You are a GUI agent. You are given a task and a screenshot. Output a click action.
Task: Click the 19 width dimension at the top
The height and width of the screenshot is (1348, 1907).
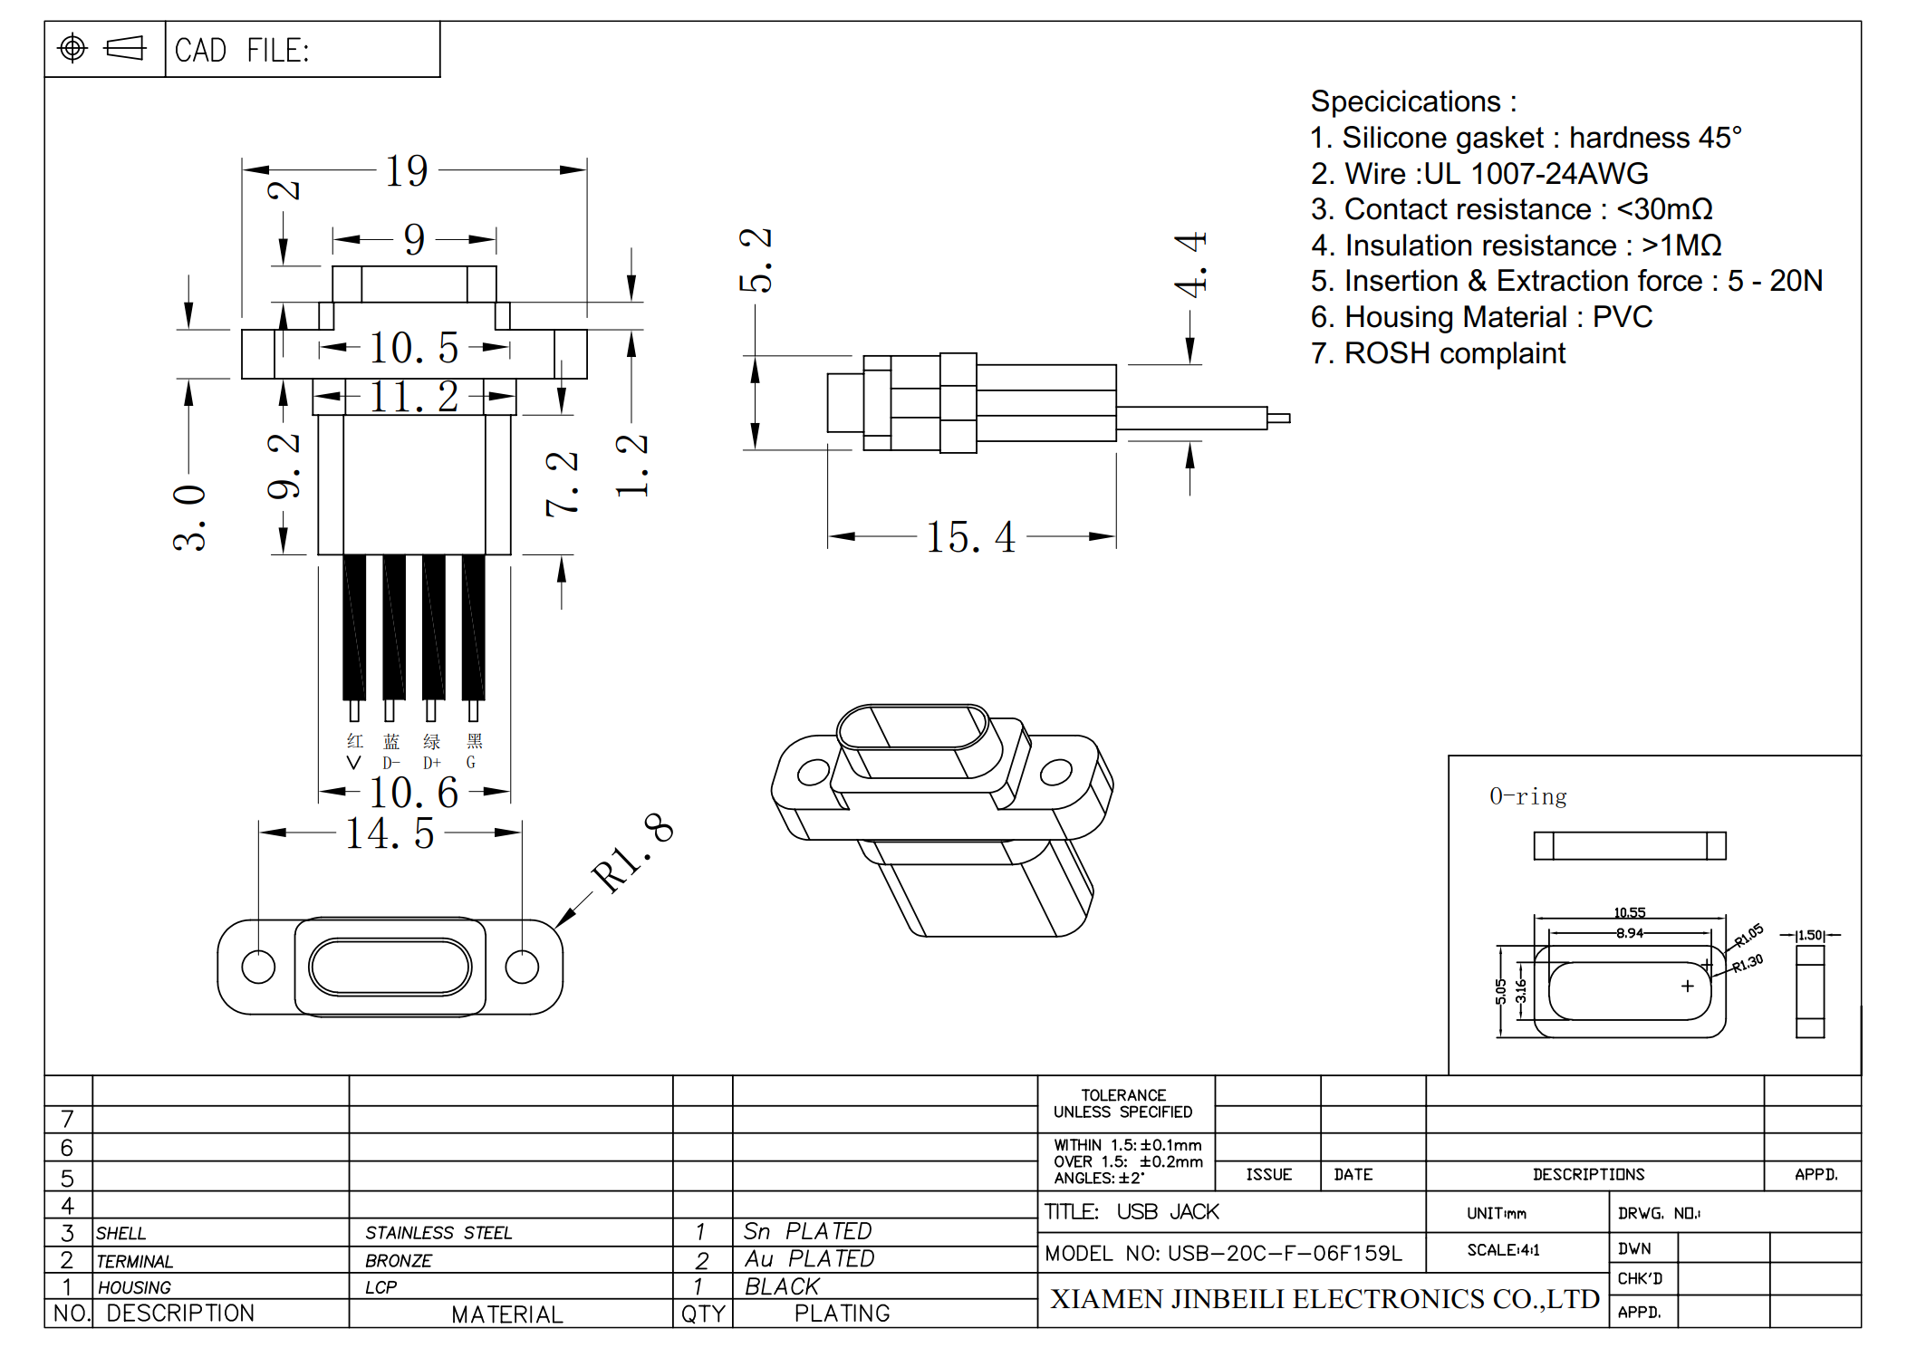tap(406, 170)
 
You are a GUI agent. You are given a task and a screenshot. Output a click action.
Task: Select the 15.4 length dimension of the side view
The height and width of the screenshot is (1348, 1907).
tap(969, 536)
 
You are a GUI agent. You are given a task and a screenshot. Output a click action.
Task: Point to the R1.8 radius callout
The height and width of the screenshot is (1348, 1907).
tap(632, 852)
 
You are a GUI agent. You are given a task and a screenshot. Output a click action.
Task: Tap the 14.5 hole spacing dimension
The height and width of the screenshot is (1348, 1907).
tap(390, 833)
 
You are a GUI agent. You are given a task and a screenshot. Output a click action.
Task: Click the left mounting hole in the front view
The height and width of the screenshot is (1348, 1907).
tap(258, 967)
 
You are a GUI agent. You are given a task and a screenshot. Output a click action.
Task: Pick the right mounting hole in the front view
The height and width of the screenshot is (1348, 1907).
tap(522, 967)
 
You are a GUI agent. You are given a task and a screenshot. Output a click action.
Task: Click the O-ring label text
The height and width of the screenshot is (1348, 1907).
tap(1527, 796)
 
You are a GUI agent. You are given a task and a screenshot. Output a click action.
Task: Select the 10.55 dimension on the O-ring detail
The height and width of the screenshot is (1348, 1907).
tap(1629, 912)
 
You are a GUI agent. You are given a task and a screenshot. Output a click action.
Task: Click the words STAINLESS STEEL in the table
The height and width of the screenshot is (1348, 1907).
tap(438, 1232)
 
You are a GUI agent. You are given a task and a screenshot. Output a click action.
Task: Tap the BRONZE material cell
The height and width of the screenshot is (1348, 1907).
tap(399, 1260)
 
